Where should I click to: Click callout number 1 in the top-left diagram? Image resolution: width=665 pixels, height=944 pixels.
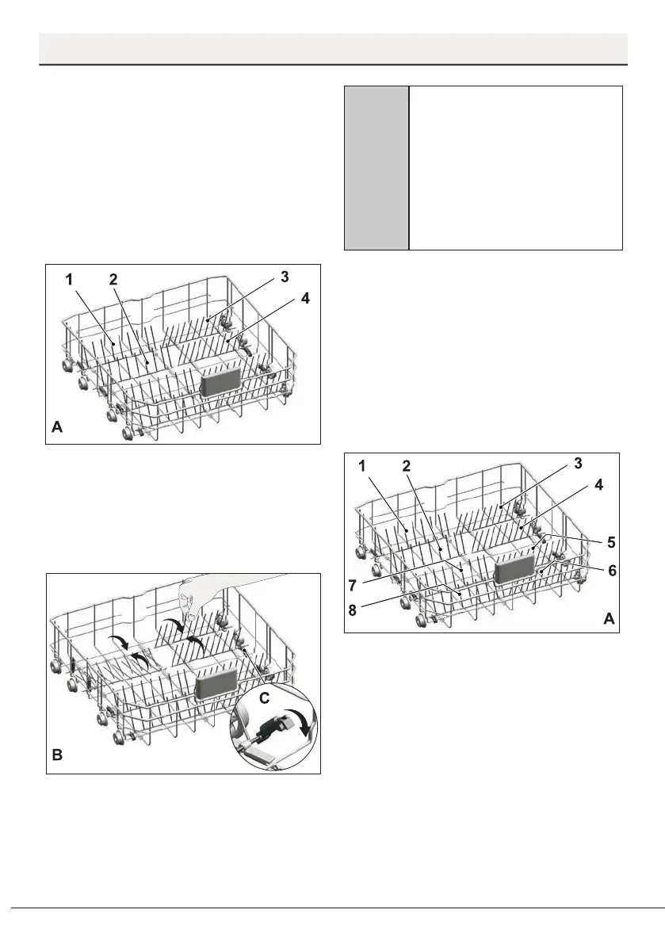[69, 280]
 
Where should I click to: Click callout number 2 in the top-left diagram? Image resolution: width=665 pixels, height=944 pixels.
[113, 280]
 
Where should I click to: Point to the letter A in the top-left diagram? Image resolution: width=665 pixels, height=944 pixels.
[57, 426]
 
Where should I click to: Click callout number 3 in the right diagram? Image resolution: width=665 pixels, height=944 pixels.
[579, 463]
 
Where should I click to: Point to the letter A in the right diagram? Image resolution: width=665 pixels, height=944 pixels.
[608, 620]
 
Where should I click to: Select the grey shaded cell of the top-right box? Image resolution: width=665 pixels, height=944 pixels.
[376, 168]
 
